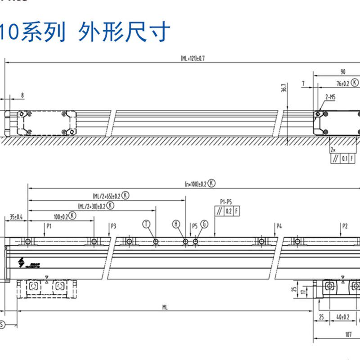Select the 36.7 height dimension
pyautogui.click(x=283, y=88)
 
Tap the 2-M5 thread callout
pyautogui.click(x=330, y=97)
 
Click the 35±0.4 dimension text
pyautogui.click(x=16, y=217)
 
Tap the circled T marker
pyautogui.click(x=146, y=224)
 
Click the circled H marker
pyautogui.click(x=176, y=224)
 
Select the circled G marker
pyautogui.click(x=205, y=224)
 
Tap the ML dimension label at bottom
pyautogui.click(x=165, y=307)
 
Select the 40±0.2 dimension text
pyautogui.click(x=343, y=317)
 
